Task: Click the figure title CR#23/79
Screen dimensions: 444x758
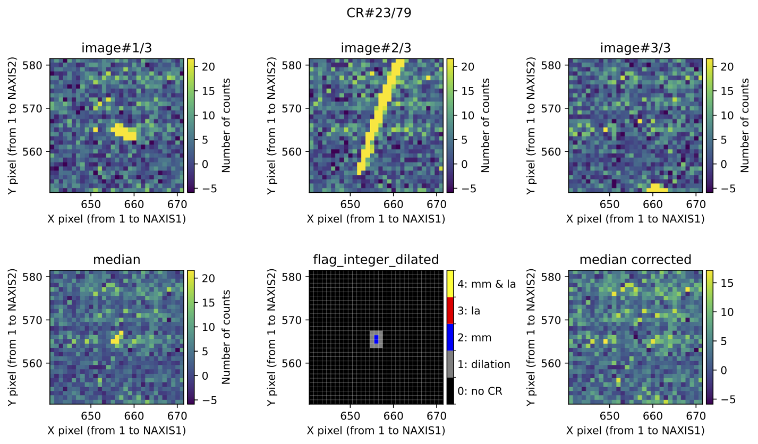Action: [x=379, y=13]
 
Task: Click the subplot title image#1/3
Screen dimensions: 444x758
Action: [x=118, y=48]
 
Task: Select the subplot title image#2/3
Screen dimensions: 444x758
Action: [x=376, y=48]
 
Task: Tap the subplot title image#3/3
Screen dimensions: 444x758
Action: [x=635, y=48]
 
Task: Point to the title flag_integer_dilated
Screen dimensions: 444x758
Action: [x=376, y=259]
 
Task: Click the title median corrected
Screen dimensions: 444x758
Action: [x=635, y=259]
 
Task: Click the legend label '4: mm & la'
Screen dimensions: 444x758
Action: [x=487, y=284]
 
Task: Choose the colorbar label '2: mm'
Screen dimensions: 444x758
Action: [x=474, y=337]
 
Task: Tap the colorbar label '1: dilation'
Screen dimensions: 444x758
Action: [x=484, y=364]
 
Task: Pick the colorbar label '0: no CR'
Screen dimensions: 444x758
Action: [x=480, y=391]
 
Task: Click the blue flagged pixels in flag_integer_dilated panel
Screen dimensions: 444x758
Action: [x=376, y=339]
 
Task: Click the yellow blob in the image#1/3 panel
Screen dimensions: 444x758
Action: [x=125, y=132]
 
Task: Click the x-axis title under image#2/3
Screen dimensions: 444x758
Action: [x=376, y=219]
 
